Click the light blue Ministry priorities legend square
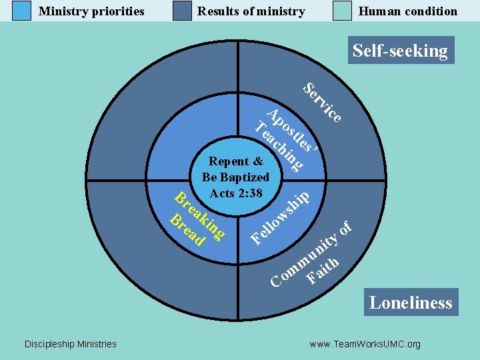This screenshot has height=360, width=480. [22, 11]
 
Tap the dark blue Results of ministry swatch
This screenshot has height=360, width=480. [182, 11]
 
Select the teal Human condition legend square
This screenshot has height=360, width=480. [343, 11]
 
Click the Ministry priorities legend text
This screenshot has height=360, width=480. [91, 11]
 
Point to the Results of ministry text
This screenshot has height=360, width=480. [251, 11]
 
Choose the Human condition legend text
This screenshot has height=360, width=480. [408, 11]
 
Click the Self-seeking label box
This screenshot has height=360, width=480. [400, 51]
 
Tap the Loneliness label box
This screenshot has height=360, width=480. [411, 303]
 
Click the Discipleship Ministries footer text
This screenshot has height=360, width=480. [70, 344]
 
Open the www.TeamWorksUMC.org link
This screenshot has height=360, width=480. [365, 344]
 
